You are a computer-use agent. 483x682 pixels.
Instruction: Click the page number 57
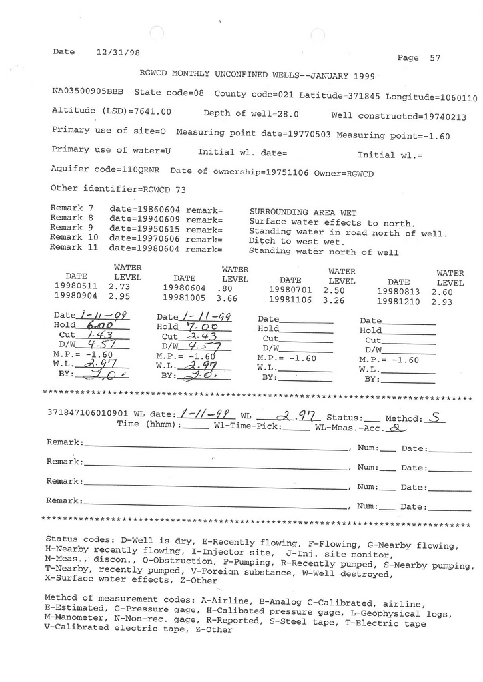point(435,58)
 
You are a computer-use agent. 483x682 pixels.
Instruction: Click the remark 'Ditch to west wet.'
point(296,241)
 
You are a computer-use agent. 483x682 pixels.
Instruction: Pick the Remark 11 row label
point(74,247)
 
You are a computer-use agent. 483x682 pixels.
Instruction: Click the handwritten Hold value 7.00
point(196,328)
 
